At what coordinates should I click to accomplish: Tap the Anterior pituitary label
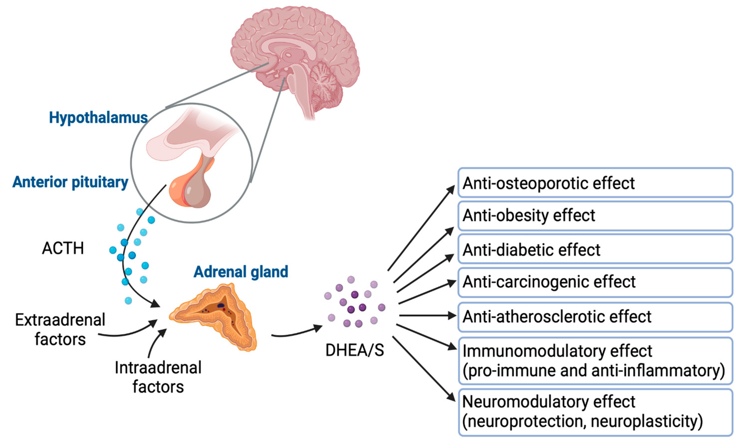coord(70,182)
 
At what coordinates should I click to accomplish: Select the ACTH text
coord(63,248)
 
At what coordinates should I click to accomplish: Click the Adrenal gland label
coord(241,272)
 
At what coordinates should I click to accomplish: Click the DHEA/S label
coord(354,350)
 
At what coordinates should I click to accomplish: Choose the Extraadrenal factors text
coord(60,330)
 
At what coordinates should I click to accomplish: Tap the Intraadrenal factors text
coord(158,377)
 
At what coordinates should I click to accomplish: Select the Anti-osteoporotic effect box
coord(595,183)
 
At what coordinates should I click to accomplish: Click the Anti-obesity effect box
coord(595,216)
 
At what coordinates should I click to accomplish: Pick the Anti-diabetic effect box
coord(595,250)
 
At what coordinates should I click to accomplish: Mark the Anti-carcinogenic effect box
coord(595,282)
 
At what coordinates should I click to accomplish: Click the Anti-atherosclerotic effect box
coord(595,317)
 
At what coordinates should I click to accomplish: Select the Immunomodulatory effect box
coord(595,361)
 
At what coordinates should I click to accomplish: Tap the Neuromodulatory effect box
coord(595,412)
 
